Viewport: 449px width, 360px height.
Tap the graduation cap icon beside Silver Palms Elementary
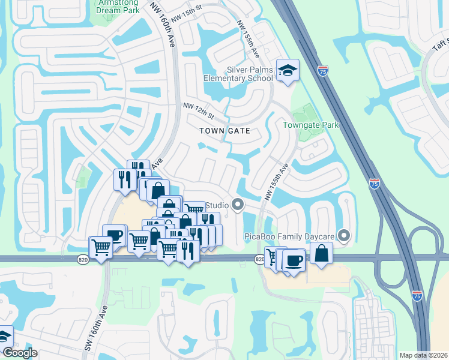click(288, 70)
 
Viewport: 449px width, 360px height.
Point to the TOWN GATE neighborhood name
click(224, 130)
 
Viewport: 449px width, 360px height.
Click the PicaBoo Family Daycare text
click(289, 236)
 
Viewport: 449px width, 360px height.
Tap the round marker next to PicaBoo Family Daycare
click(344, 235)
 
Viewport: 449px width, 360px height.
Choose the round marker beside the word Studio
click(238, 206)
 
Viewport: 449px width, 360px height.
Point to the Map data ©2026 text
click(423, 355)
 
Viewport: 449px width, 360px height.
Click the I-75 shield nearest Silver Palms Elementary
click(323, 71)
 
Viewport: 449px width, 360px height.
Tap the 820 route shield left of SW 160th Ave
click(83, 259)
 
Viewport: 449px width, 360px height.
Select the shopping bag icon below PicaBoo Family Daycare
click(322, 253)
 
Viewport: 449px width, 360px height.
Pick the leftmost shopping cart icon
click(100, 247)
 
